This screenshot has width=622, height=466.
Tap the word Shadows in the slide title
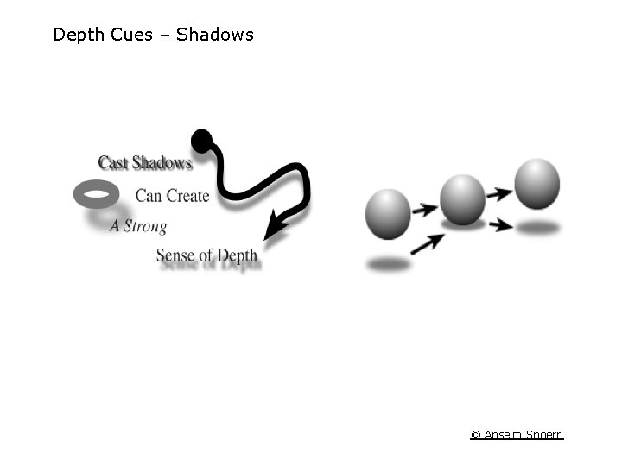215,35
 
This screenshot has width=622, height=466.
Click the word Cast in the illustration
112,162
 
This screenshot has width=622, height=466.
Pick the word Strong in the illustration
145,226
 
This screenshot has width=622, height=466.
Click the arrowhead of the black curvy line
275,229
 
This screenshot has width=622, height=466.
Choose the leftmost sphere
388,213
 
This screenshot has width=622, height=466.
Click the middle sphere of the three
462,199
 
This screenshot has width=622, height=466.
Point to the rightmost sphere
537,184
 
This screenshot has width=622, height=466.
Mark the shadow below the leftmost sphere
389,265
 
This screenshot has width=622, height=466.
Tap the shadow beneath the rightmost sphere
539,228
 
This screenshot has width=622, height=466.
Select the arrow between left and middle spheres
423,209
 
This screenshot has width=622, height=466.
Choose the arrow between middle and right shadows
499,226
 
